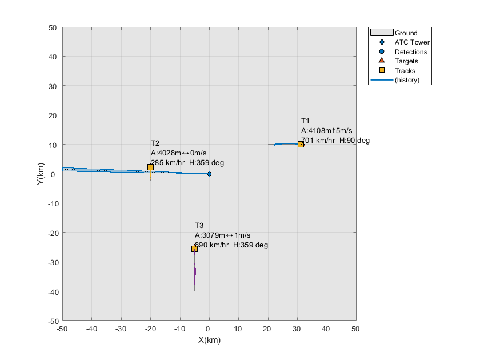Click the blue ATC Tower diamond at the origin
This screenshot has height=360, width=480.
click(x=209, y=174)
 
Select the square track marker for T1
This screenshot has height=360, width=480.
click(x=301, y=144)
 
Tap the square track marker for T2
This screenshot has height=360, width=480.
click(x=150, y=167)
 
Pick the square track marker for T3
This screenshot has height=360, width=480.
click(x=194, y=249)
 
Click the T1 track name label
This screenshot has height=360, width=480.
click(x=305, y=121)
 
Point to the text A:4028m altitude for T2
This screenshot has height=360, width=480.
click(x=165, y=153)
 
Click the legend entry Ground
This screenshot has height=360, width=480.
click(x=406, y=33)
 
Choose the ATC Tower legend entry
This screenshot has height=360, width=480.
click(x=411, y=42)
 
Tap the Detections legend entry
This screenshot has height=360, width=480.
click(x=411, y=52)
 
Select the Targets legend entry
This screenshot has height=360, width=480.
click(x=406, y=61)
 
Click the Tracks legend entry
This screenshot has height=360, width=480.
click(x=405, y=71)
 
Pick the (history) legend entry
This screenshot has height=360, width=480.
click(x=407, y=80)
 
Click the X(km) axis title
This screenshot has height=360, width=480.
click(x=209, y=340)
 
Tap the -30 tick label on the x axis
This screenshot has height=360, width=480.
click(x=121, y=329)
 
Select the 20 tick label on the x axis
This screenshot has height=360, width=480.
click(x=267, y=329)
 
